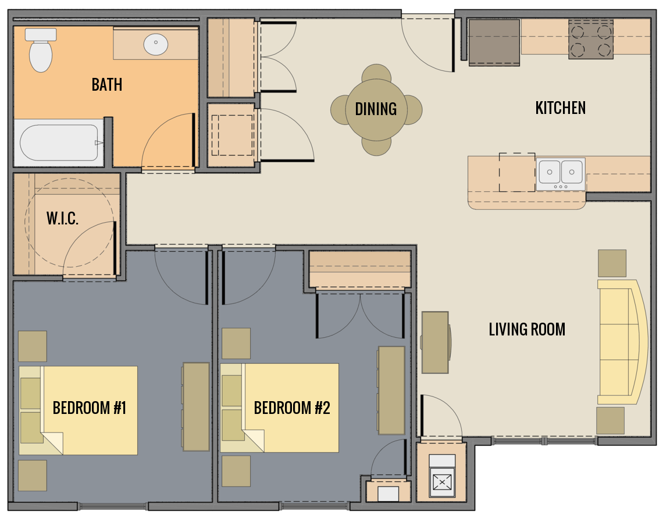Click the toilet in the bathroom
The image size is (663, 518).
[41, 51]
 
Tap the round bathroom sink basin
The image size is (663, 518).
[156, 45]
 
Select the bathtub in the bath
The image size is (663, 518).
[59, 142]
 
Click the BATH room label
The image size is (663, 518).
[107, 85]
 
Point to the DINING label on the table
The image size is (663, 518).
[376, 109]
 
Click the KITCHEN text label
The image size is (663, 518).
[560, 108]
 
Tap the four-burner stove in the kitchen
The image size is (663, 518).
[590, 39]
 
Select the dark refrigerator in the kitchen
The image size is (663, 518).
[494, 42]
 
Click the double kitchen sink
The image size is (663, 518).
[561, 172]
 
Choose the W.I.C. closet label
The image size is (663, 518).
[62, 219]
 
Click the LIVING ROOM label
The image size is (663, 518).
[527, 330]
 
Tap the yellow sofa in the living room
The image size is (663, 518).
[621, 342]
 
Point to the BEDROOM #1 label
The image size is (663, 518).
[89, 408]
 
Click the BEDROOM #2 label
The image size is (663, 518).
[291, 408]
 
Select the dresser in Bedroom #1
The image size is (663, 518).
[196, 406]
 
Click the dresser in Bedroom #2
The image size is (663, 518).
[391, 390]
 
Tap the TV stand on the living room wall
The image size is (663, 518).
[435, 342]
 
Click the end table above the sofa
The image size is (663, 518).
[612, 263]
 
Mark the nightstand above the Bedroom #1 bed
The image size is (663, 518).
[33, 346]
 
